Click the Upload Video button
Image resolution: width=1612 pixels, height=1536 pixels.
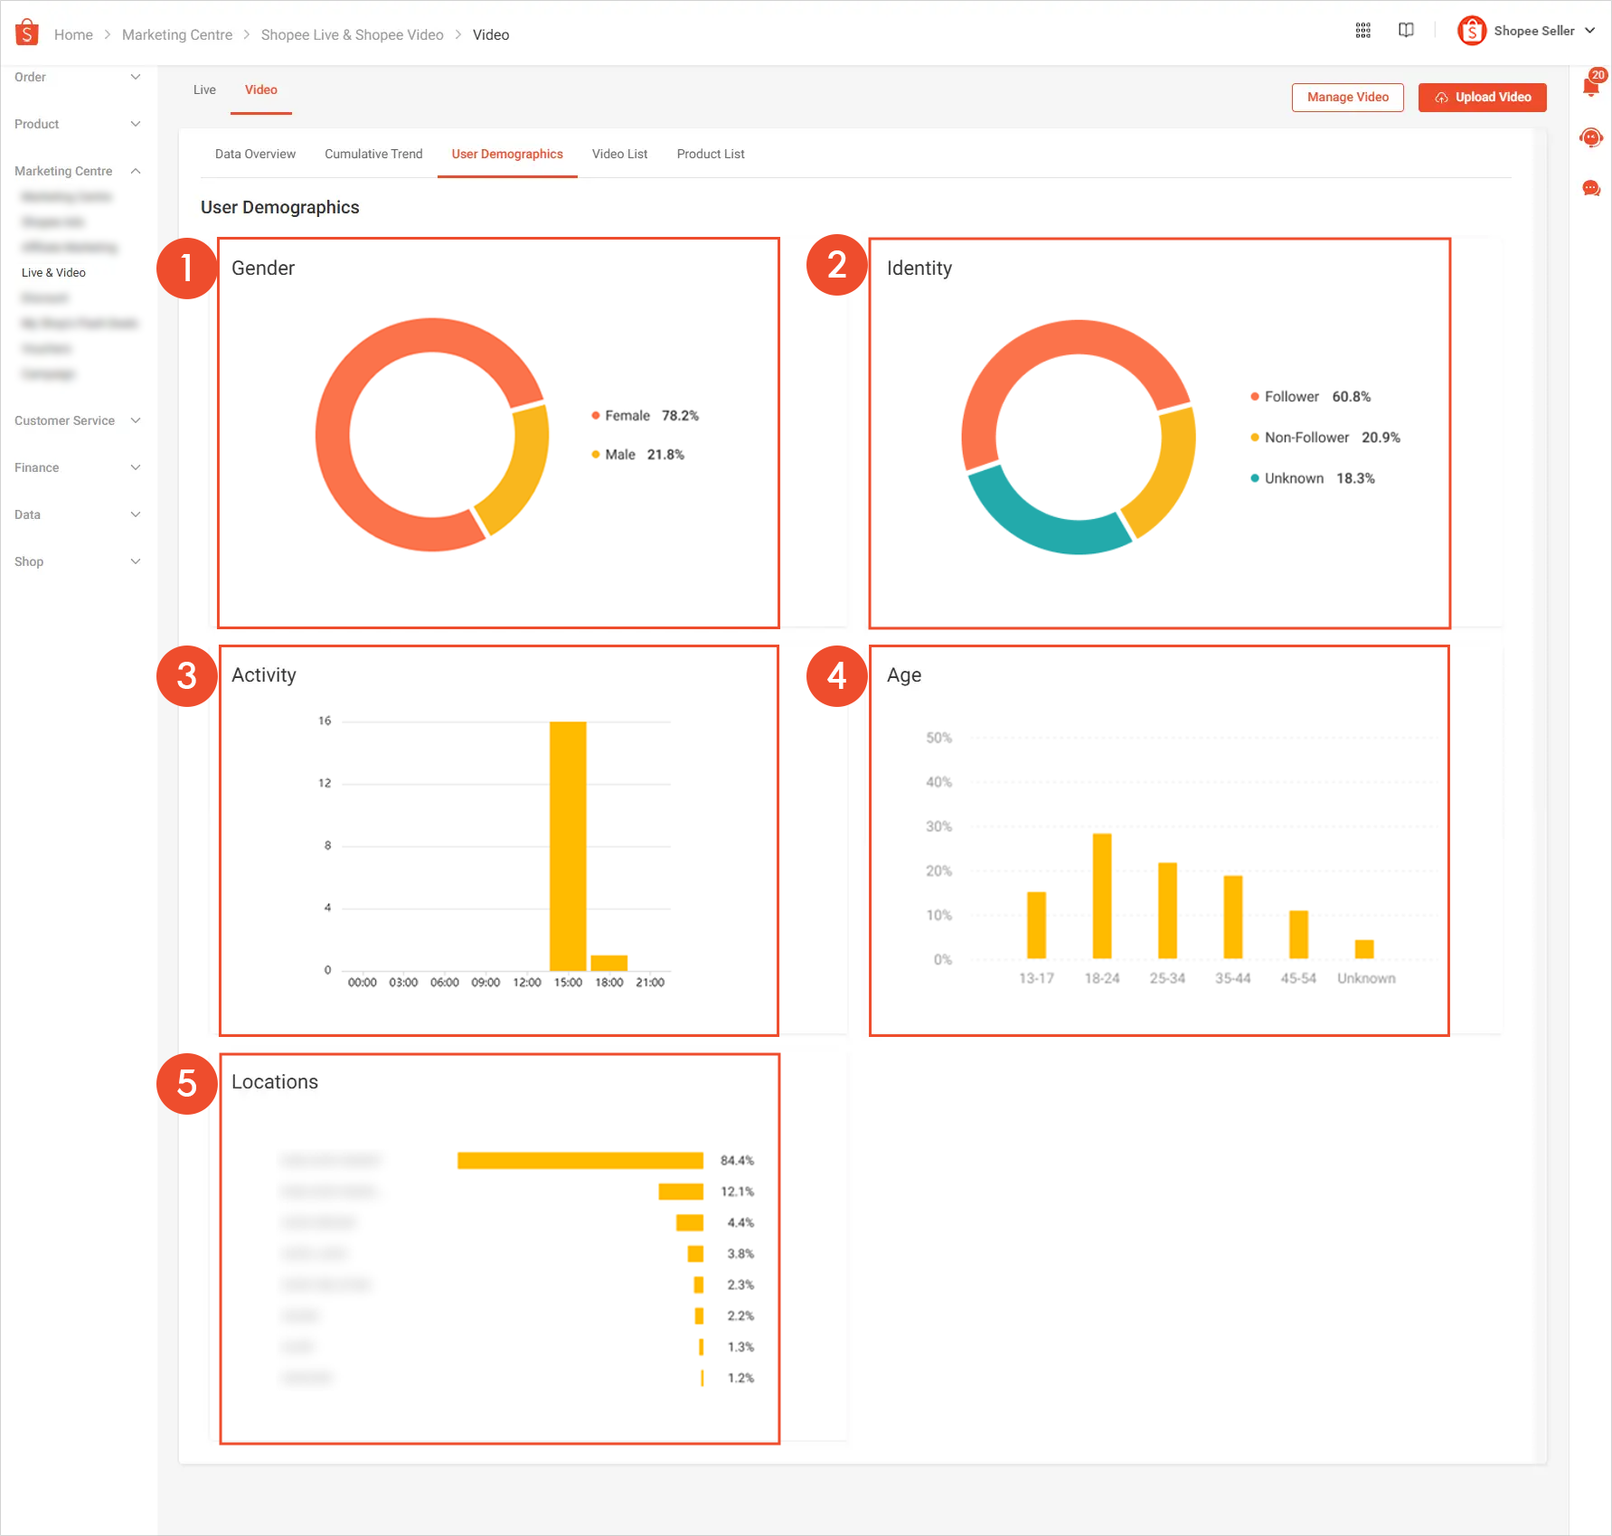click(x=1482, y=98)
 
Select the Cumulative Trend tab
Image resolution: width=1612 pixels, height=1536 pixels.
click(x=373, y=155)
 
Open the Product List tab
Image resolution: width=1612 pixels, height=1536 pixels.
click(x=711, y=155)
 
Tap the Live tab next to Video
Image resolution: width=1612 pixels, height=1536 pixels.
click(x=204, y=90)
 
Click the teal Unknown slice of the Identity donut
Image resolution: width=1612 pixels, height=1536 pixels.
click(x=1040, y=520)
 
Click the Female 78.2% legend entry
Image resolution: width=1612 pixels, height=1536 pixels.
click(x=645, y=416)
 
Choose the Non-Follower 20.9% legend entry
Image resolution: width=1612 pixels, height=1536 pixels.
click(x=1324, y=438)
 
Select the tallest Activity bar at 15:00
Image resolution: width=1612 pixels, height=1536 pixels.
click(x=568, y=845)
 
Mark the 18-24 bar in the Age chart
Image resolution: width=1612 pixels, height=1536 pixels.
click(x=1102, y=895)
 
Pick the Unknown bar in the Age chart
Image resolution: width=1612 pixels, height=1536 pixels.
click(x=1364, y=949)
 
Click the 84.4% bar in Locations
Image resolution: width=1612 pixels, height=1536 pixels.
click(x=580, y=1161)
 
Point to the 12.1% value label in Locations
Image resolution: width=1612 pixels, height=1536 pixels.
click(x=737, y=1192)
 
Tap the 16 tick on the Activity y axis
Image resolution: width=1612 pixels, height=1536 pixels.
click(x=325, y=721)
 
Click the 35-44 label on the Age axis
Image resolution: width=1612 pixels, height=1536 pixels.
click(x=1232, y=978)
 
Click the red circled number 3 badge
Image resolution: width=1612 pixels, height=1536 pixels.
click(x=187, y=676)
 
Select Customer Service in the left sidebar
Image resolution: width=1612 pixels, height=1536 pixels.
click(x=65, y=421)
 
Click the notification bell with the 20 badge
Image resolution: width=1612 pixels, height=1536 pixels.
click(x=1591, y=88)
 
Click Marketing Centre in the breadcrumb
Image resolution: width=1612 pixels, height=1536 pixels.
click(x=177, y=35)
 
